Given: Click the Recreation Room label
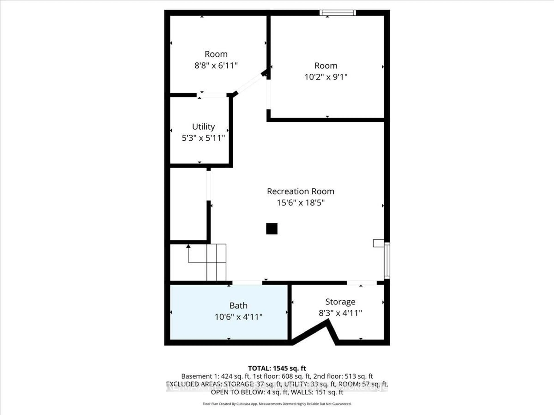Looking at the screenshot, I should [x=301, y=191].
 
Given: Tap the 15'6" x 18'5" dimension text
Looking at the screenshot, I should [x=301, y=203].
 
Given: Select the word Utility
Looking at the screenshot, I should [x=203, y=127].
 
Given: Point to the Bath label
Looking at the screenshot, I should [x=238, y=305].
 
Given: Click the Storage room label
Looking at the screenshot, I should [x=340, y=302].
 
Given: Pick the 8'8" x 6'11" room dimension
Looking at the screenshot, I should [x=216, y=66].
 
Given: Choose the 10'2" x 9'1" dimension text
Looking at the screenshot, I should [x=326, y=77].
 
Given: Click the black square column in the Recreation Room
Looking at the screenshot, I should [x=272, y=229].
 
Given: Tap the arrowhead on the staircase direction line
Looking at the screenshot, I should [x=188, y=246].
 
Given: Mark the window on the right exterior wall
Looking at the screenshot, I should [x=387, y=260].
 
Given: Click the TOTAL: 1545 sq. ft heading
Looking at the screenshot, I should [x=277, y=368].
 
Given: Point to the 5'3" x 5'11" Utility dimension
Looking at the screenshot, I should [x=203, y=138].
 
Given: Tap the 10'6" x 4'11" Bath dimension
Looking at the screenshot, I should [x=238, y=317].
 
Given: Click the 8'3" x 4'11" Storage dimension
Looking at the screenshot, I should [x=340, y=313].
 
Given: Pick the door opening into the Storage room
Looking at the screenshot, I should [x=361, y=283].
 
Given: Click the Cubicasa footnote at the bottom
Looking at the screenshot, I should [x=277, y=404].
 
